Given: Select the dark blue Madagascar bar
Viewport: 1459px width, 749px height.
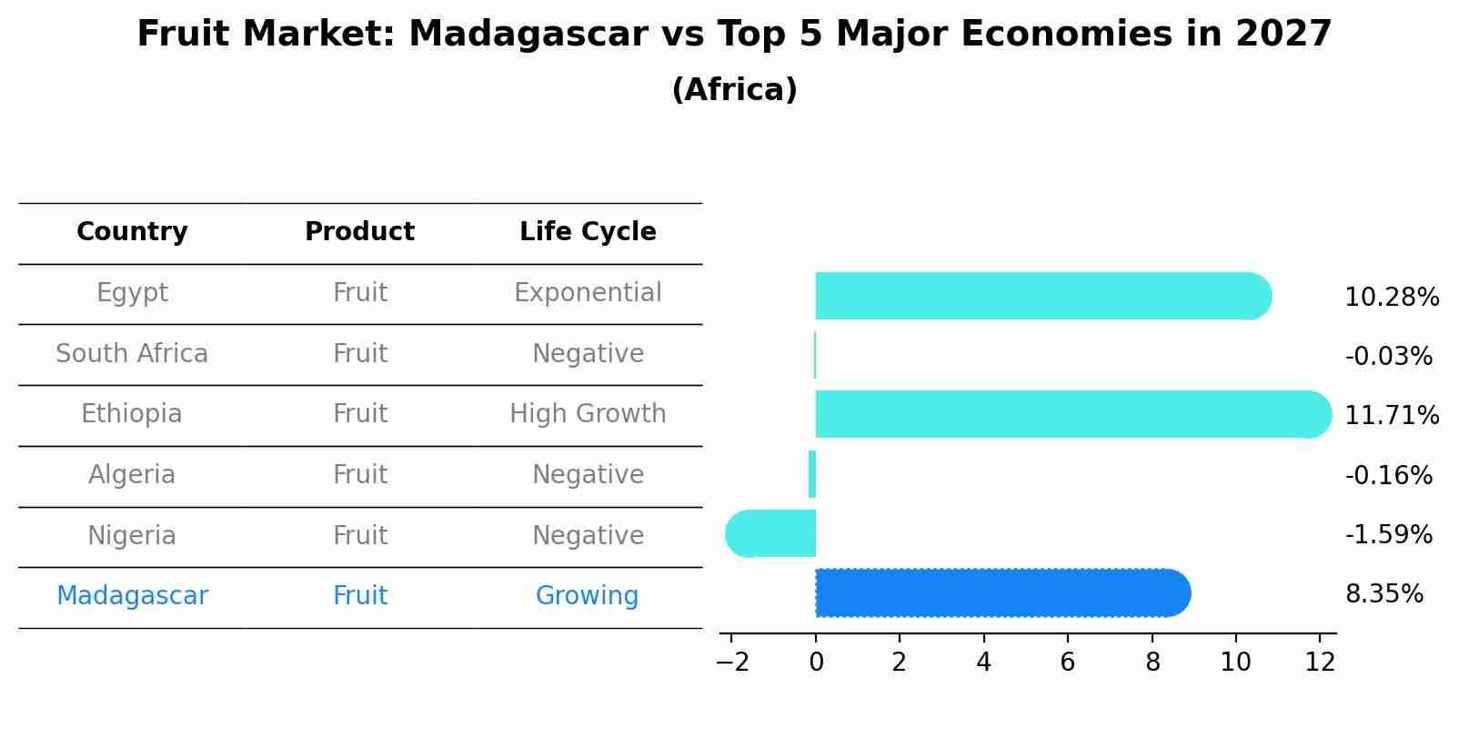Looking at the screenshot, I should point(1001,593).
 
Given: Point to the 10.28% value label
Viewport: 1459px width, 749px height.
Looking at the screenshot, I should point(1391,298).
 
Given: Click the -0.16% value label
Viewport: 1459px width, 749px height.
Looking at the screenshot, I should point(1388,475).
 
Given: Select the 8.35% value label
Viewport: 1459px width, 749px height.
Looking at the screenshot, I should point(1384,594).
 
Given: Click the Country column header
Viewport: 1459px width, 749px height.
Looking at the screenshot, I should point(132,232).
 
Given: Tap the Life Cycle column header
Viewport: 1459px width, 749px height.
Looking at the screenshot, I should point(588,232).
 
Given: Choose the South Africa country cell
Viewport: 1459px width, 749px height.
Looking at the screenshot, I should point(132,353).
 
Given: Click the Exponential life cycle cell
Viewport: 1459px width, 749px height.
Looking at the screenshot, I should point(588,293).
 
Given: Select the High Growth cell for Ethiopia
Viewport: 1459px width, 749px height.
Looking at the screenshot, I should point(588,414).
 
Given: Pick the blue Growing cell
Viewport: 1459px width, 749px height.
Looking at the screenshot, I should point(587,596).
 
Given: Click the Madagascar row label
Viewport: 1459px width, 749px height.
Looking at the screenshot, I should point(132,596).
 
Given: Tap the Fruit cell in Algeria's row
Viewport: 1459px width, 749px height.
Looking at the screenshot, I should point(360,475).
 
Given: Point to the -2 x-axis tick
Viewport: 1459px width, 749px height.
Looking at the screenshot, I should point(732,663).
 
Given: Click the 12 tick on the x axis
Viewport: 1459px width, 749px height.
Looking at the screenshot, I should point(1320,663).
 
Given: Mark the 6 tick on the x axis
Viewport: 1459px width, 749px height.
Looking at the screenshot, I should point(1068,663).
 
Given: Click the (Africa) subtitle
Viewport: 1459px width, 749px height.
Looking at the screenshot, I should point(734,90).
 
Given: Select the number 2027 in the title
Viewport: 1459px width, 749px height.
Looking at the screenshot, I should point(1283,35).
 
